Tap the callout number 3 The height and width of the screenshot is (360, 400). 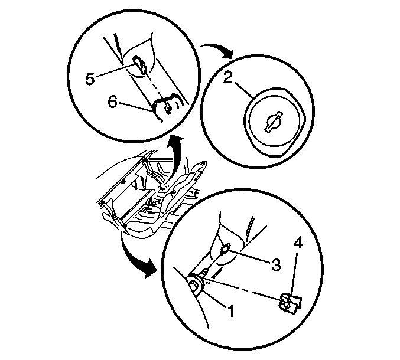(x=276, y=265)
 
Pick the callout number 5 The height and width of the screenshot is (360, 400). (x=90, y=78)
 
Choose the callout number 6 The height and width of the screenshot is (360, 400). (x=112, y=102)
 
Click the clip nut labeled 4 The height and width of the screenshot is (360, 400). (x=290, y=303)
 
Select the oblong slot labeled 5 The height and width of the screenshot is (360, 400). (x=140, y=65)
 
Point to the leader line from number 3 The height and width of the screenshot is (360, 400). (x=249, y=256)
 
